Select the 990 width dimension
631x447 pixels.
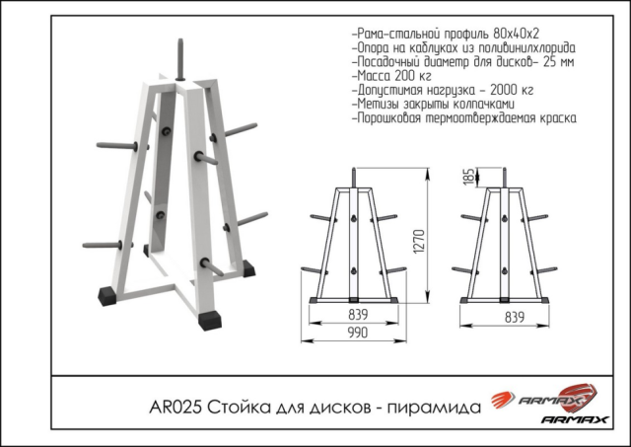(x=356, y=334)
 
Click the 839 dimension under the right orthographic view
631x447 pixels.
(x=513, y=317)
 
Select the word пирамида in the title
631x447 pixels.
(x=435, y=406)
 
